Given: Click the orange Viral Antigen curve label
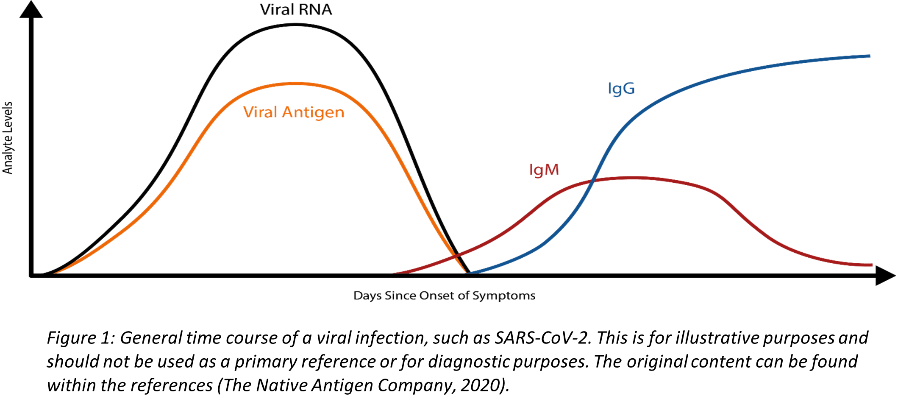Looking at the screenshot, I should [x=293, y=112].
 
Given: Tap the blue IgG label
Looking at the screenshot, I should [x=621, y=89].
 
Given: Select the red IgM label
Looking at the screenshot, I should [x=544, y=170].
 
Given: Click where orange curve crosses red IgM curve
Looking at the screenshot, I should [x=456, y=255].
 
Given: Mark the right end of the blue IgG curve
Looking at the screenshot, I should [x=869, y=56].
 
